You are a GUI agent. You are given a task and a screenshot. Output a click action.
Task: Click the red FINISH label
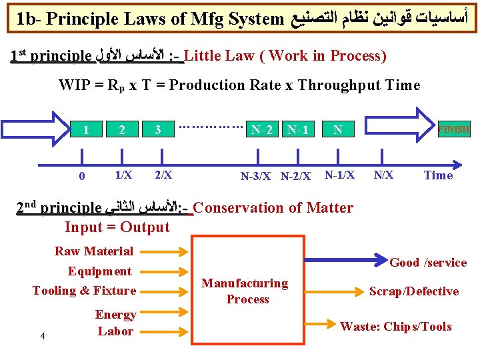[453, 129]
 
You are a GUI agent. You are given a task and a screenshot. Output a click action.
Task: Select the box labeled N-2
[261, 130]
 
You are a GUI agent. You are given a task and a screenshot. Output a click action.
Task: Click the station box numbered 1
[87, 130]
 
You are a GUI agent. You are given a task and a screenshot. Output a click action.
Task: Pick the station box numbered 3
[157, 130]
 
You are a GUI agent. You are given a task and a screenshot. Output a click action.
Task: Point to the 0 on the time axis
[82, 177]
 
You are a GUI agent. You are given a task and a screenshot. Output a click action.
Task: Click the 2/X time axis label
[163, 175]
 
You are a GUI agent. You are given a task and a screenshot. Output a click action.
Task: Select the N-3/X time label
[256, 177]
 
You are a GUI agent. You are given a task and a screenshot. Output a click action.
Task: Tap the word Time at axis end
[438, 175]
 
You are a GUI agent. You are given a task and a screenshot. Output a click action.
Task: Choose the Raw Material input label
[94, 251]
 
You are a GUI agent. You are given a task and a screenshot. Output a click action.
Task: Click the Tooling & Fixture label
[84, 290]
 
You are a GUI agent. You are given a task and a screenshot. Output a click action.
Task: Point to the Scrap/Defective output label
[414, 291]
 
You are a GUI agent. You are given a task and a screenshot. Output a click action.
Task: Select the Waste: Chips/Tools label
[396, 327]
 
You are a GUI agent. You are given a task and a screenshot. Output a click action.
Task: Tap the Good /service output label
[428, 263]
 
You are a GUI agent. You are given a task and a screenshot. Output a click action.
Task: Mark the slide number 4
[42, 335]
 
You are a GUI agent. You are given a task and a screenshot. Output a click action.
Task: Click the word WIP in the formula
[73, 85]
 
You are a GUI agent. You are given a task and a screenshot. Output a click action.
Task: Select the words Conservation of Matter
[273, 207]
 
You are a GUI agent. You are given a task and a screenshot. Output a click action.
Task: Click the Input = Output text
[117, 227]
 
